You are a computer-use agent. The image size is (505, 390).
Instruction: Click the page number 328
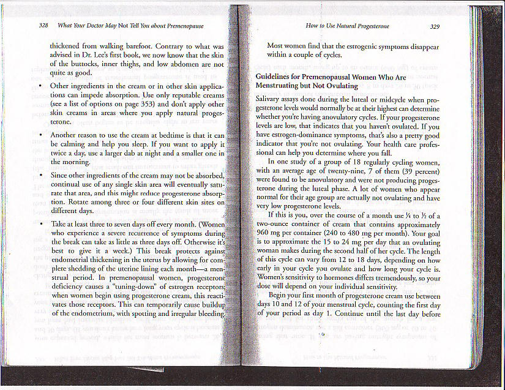43,26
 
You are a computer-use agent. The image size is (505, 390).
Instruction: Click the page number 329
435,26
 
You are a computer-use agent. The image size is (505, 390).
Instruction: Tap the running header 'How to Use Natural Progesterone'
347,26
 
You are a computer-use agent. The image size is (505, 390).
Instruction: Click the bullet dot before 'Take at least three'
40,224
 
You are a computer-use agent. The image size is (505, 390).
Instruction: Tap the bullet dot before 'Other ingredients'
40,86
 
